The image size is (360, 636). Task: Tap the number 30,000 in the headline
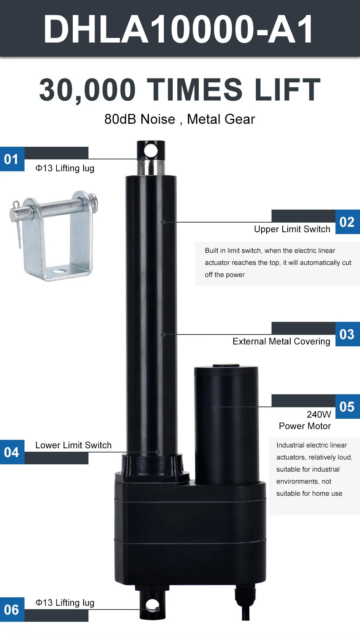point(87,90)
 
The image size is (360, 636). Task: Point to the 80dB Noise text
point(140,119)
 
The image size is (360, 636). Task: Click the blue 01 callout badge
point(12,159)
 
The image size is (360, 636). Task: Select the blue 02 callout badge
point(347,222)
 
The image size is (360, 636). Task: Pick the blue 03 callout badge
point(347,334)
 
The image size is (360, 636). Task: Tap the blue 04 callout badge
point(12,452)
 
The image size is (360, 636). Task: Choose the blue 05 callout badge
point(347,406)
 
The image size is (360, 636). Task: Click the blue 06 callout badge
point(12,610)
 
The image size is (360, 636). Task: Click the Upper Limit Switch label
point(292,229)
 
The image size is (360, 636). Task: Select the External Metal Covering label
point(281,341)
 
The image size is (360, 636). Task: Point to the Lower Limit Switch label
point(73,445)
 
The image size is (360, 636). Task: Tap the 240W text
point(319,415)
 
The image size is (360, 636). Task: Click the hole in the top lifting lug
point(151,151)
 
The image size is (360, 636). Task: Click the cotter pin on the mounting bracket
point(18,224)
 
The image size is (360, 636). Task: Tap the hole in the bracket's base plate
point(59,271)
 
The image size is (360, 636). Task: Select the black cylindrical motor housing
point(226,425)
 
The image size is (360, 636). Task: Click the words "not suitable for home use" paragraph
point(309,487)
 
